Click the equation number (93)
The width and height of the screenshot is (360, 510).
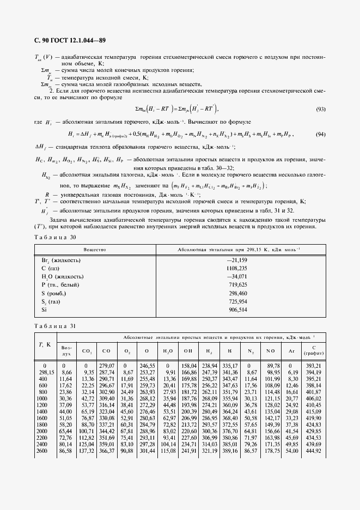(320, 109)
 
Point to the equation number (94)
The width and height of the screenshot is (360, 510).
(320, 134)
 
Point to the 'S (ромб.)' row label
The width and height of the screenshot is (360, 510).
(54, 293)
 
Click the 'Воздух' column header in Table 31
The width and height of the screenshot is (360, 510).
(66, 350)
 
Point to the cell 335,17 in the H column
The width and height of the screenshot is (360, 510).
(230, 366)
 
